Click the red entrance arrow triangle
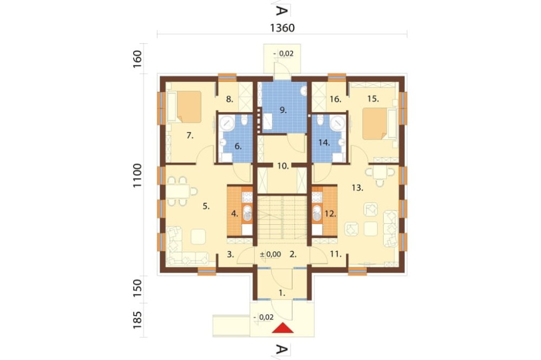[282, 328]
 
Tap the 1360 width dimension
[282, 28]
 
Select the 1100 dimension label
[137, 176]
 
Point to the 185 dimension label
[137, 320]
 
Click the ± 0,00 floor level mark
[270, 255]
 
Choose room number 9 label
[283, 110]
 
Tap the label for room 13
[358, 188]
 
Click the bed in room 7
[184, 106]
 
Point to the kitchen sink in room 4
[247, 213]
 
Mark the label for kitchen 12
[330, 214]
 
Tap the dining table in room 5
[178, 191]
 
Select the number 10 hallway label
[283, 166]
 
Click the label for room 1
[282, 294]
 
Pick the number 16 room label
[335, 99]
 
